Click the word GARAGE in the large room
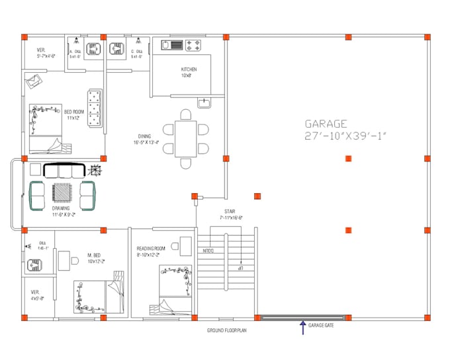point(326,123)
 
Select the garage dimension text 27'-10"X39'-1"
point(345,135)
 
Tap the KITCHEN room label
point(189,69)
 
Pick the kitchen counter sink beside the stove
point(176,45)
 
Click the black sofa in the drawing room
point(66,170)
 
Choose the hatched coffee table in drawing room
point(63,193)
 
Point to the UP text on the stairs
point(242,269)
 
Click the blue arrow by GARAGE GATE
point(303,326)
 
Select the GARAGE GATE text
point(320,326)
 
